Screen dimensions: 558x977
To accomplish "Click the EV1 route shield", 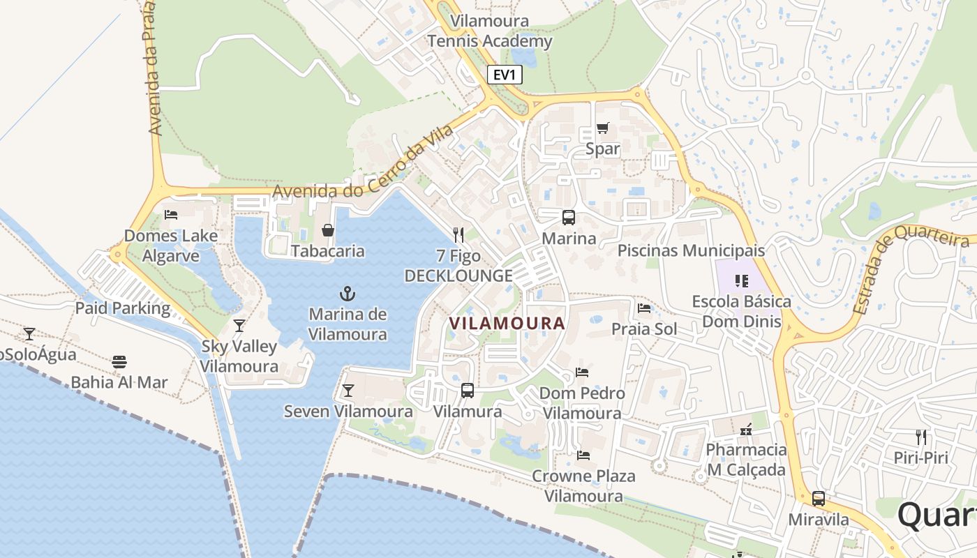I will (505, 74).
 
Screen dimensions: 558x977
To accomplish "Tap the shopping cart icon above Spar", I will (603, 128).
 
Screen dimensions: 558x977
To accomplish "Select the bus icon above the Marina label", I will (569, 217).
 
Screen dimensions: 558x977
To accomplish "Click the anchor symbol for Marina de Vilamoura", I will (347, 293).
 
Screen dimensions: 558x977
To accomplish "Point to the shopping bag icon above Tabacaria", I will (327, 229).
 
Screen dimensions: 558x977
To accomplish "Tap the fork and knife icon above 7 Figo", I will (458, 234).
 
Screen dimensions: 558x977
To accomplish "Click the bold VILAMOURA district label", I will (507, 324).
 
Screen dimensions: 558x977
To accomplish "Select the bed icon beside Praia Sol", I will (644, 308).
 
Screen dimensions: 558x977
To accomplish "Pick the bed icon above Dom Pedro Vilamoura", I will (582, 372).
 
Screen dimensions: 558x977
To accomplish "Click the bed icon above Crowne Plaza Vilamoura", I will (583, 455).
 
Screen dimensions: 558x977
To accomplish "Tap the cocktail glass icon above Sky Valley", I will (239, 325).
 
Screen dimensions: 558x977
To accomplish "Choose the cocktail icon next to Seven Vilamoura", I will (348, 390).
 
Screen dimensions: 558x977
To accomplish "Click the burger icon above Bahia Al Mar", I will (119, 361).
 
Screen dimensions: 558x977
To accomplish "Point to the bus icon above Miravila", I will (819, 499).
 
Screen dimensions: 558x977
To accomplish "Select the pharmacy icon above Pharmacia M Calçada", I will (746, 428).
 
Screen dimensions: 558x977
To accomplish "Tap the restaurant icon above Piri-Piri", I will (921, 437).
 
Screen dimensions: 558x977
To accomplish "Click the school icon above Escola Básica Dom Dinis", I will (741, 281).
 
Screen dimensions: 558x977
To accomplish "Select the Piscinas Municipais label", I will (691, 250).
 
